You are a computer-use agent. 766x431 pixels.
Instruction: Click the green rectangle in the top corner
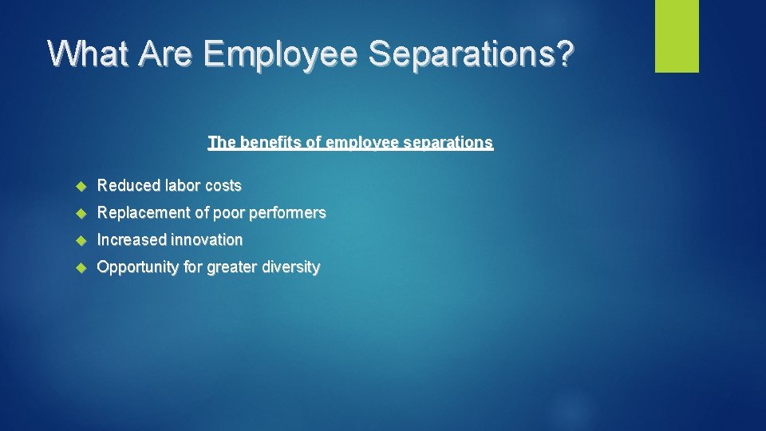(x=677, y=36)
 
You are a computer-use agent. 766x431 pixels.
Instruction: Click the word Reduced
(x=128, y=186)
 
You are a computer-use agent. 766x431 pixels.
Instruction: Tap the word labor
(x=183, y=186)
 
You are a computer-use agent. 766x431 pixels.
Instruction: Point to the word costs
(x=223, y=186)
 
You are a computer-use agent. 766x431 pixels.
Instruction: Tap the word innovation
(x=208, y=239)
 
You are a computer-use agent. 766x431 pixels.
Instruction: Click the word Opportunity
(x=138, y=267)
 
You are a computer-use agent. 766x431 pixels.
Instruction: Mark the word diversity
(x=292, y=267)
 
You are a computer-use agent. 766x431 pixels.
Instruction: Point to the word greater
(x=233, y=267)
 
